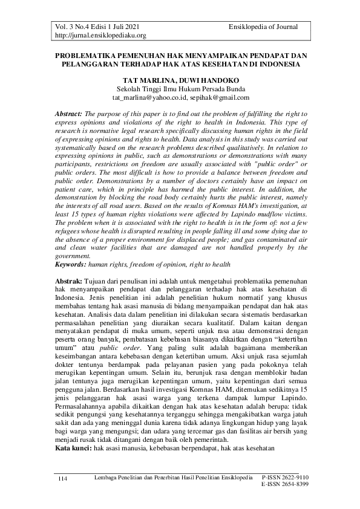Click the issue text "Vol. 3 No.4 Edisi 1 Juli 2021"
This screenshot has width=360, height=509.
click(x=93, y=27)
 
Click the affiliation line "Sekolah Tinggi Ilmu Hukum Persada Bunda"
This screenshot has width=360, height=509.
click(x=180, y=88)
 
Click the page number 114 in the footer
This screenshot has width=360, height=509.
click(x=62, y=479)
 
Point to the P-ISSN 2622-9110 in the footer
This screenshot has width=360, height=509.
click(x=285, y=477)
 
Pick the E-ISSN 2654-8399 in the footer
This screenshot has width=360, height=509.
click(x=285, y=484)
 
